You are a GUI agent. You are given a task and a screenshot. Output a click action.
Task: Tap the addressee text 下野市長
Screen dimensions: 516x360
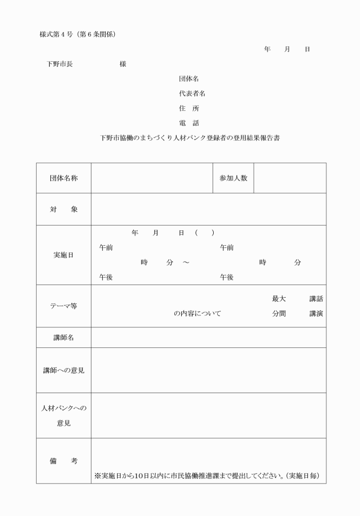[x=60, y=64]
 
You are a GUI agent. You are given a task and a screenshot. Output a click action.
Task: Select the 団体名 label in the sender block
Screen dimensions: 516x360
[x=189, y=78]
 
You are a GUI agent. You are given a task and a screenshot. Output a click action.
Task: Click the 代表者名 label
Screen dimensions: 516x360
[x=192, y=93]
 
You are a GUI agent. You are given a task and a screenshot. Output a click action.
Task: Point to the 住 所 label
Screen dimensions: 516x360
[x=189, y=108]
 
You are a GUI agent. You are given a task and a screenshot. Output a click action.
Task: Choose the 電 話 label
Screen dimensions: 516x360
[x=189, y=123]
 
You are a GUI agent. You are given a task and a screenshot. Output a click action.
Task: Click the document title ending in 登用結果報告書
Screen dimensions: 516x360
[x=189, y=138]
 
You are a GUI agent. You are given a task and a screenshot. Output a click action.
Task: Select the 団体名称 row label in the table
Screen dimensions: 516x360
[x=63, y=178]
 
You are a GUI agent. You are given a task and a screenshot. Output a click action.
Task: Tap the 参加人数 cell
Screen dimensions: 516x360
[x=233, y=178]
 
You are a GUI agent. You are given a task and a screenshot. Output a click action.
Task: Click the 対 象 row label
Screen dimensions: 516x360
[x=63, y=209]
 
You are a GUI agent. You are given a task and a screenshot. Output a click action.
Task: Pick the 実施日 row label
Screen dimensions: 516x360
[x=63, y=255]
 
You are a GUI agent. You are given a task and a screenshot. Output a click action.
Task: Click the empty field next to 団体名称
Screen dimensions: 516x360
[x=151, y=178]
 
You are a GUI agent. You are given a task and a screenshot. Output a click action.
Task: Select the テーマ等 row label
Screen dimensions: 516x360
[x=63, y=306]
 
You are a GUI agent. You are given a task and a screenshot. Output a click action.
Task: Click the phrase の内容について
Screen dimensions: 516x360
[x=197, y=314]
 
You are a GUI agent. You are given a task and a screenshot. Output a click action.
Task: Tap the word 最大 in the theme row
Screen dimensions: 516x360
[x=278, y=299]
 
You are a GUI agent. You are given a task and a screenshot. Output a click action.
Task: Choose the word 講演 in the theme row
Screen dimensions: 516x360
[x=316, y=314]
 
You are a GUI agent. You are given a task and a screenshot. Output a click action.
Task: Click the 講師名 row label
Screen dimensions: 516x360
[x=63, y=338]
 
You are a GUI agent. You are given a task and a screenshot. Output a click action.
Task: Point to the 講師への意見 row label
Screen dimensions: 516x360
[x=63, y=370]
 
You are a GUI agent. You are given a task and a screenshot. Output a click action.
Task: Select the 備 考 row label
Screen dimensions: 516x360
[x=63, y=461]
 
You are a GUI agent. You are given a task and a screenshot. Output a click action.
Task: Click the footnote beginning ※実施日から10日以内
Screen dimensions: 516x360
[x=206, y=476]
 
